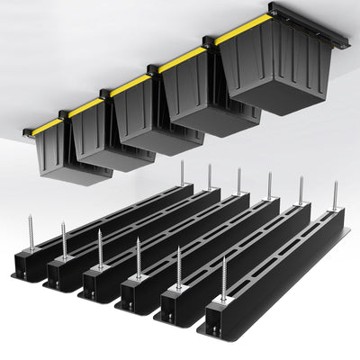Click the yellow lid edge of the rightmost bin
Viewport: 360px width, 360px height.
(x=241, y=29)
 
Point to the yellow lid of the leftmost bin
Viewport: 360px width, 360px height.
(x=48, y=125)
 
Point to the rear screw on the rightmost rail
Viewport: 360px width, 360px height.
(x=335, y=196)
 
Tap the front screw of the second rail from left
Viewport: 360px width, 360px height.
(x=64, y=241)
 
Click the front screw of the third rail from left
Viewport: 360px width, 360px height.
(x=99, y=249)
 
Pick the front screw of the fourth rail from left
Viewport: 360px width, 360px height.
(x=138, y=257)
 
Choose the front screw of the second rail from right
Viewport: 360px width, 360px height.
(x=178, y=268)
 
